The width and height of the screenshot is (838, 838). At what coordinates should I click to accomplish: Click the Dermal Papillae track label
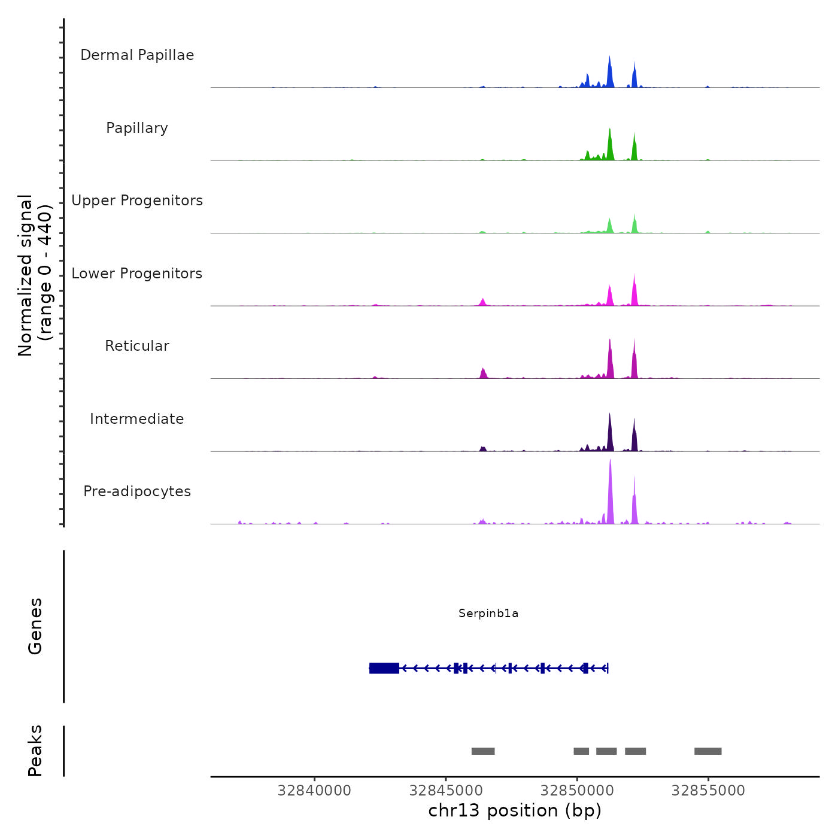pos(137,55)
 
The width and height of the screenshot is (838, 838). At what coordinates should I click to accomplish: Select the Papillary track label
pos(137,128)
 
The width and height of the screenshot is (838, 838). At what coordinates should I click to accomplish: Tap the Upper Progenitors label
pos(137,201)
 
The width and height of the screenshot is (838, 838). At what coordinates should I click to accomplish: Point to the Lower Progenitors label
pos(137,274)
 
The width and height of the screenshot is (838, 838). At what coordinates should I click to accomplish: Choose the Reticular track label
pos(137,346)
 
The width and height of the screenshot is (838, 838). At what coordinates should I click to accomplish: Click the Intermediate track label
pos(137,419)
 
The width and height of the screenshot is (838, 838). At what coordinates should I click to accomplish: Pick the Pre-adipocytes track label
pos(137,491)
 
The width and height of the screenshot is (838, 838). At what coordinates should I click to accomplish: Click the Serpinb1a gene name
pos(488,614)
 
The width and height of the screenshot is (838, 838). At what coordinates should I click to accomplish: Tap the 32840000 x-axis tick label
pos(314,791)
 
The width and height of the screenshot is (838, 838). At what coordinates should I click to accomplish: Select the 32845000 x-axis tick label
pos(445,791)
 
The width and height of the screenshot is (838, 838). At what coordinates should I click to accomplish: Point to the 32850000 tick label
pos(577,791)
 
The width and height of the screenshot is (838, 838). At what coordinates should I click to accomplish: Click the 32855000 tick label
pos(708,791)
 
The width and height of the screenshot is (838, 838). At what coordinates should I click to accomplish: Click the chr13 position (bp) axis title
pos(515,810)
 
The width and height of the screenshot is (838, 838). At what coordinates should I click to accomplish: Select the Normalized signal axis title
pos(35,275)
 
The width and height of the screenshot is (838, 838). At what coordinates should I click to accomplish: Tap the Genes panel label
pos(35,626)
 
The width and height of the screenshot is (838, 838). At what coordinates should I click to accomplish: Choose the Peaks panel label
pos(35,751)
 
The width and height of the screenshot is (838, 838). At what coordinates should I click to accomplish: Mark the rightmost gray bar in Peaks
pos(708,751)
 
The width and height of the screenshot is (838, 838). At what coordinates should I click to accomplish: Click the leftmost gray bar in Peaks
pos(483,751)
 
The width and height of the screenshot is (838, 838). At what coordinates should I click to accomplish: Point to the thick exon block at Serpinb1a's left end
pos(384,668)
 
